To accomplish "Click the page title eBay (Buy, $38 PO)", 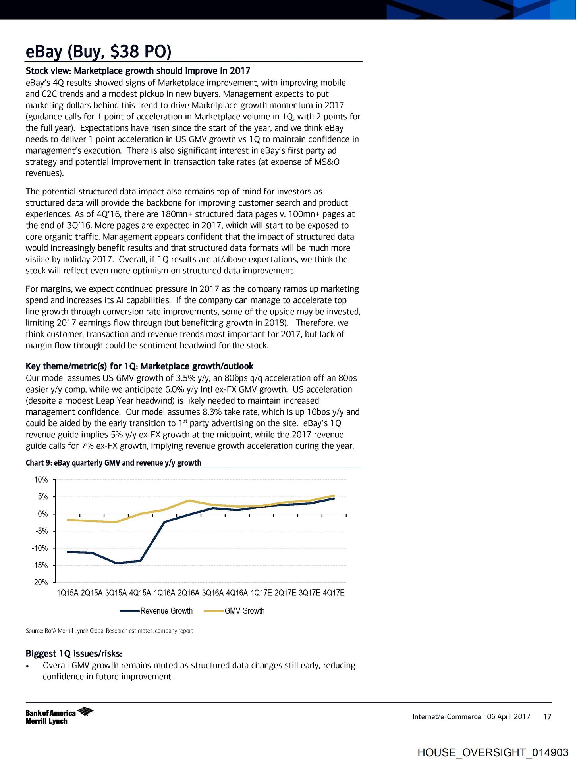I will point(98,52).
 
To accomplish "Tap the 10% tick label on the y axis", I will point(41,480).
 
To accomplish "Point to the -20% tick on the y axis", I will point(40,582).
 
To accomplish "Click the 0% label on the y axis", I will point(42,514).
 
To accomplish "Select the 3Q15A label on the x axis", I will point(116,593).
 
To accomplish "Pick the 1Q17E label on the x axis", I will point(261,593).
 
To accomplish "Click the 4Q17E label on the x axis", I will point(334,593).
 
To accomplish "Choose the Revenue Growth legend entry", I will point(156,611).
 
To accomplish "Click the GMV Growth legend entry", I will point(234,611).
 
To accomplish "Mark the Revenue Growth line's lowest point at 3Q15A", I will point(116,563).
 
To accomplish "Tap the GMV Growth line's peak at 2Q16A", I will point(189,500).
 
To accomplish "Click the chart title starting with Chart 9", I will point(113,463).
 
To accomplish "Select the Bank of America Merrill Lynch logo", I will point(59,716).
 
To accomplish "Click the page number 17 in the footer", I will point(547,716).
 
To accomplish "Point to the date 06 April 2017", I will point(509,716).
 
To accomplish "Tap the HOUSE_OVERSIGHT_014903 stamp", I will point(493,752).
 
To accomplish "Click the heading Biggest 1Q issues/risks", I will point(73,654).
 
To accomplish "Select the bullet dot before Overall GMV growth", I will point(27,666).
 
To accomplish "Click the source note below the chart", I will point(109,631).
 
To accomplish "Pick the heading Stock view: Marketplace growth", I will point(138,71).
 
